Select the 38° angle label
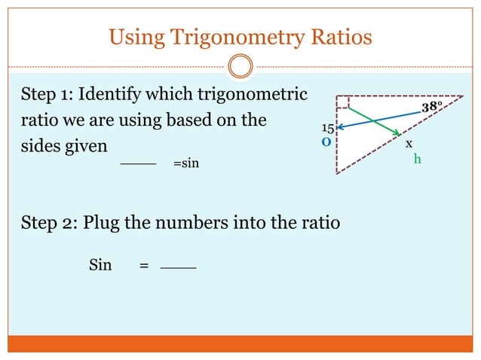pyautogui.click(x=432, y=108)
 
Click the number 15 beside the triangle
pyautogui.click(x=328, y=129)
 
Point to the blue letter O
pyautogui.click(x=326, y=141)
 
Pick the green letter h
pyautogui.click(x=417, y=159)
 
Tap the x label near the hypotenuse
pyautogui.click(x=409, y=143)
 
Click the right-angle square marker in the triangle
pyautogui.click(x=343, y=102)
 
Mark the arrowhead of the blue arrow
pyautogui.click(x=341, y=127)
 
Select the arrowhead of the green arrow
pyautogui.click(x=396, y=133)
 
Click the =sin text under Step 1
pyautogui.click(x=186, y=163)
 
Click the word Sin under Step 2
pyautogui.click(x=100, y=264)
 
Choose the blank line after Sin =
pyautogui.click(x=178, y=268)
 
